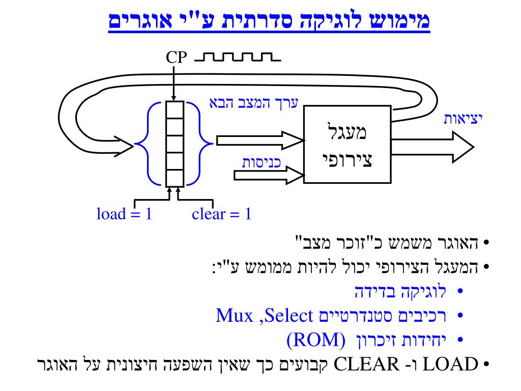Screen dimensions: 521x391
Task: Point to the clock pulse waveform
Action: coord(238,57)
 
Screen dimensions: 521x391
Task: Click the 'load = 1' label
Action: coord(125,214)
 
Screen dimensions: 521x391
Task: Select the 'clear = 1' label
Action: coord(222,214)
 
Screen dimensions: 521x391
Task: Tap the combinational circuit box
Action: coord(348,147)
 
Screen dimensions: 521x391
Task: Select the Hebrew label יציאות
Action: coord(462,119)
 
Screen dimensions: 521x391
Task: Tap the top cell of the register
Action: coord(174,109)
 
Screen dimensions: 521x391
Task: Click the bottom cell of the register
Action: coord(174,178)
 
